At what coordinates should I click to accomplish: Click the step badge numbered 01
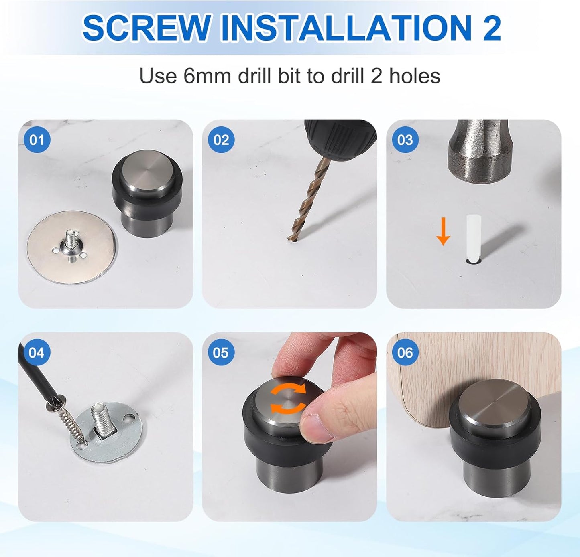pos(37,140)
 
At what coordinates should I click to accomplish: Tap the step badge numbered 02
pos(221,140)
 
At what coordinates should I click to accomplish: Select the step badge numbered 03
pos(405,140)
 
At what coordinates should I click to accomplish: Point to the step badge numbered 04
pos(37,352)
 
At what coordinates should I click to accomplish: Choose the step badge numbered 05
pos(221,352)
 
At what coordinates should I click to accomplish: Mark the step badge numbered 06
pos(405,352)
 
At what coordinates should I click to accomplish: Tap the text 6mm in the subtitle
pos(207,76)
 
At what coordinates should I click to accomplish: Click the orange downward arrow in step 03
pos(443,231)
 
